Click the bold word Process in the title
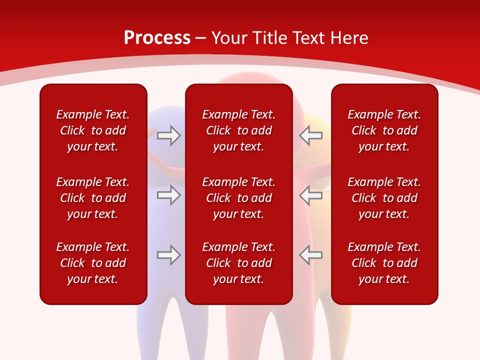[x=157, y=38]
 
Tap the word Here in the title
[x=349, y=38]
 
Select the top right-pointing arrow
[x=168, y=135]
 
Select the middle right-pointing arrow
[x=168, y=195]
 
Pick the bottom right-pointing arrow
[x=168, y=255]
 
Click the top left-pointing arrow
[x=310, y=135]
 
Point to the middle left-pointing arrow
[x=310, y=195]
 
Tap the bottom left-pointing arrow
[x=310, y=255]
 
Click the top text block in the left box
[x=93, y=130]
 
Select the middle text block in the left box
[x=93, y=198]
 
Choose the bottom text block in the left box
[x=93, y=263]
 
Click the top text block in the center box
[x=239, y=130]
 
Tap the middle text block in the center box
[x=239, y=198]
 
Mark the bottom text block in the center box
[x=239, y=263]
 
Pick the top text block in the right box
[x=384, y=130]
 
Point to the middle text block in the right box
[x=384, y=198]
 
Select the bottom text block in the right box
[x=384, y=263]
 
